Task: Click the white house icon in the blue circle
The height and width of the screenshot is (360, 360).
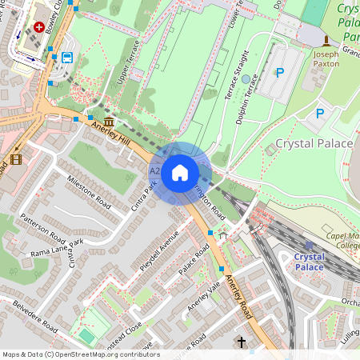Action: [180, 172]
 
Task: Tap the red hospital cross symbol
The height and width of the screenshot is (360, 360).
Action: [38, 27]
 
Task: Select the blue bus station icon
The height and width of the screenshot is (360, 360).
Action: [66, 58]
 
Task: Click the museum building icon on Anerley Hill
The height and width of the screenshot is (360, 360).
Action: [108, 121]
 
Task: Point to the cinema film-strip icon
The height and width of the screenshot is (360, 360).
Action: [16, 158]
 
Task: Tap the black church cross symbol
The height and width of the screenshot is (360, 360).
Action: [242, 342]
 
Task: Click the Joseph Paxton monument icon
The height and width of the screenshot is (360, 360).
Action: [325, 41]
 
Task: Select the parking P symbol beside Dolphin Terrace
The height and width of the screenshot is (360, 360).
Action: [279, 73]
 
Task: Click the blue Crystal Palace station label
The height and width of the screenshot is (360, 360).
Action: [309, 262]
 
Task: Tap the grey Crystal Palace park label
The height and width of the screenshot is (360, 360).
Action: [314, 143]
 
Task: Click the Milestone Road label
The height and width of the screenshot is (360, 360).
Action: [87, 190]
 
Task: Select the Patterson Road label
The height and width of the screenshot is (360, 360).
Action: [42, 227]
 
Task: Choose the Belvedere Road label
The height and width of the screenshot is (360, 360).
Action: [29, 318]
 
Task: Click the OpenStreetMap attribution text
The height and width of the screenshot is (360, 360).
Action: [81, 354]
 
